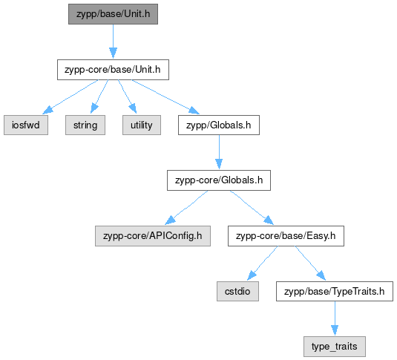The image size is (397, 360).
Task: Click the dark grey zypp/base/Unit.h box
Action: pyautogui.click(x=113, y=14)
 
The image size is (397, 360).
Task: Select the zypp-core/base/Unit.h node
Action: pyautogui.click(x=113, y=70)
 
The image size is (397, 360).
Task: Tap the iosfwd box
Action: pyautogui.click(x=26, y=125)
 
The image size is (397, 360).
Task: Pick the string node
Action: pyautogui.click(x=85, y=125)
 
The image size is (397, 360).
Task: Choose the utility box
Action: pyautogui.click(x=142, y=125)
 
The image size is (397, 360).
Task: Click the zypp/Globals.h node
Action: pyautogui.click(x=219, y=125)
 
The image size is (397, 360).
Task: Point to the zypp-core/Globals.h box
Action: pyautogui.click(x=219, y=180)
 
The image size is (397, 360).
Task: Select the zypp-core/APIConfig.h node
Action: pyautogui.click(x=153, y=236)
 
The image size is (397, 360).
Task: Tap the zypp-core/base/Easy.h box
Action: pyautogui.click(x=286, y=236)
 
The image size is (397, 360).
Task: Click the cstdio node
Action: pyautogui.click(x=237, y=292)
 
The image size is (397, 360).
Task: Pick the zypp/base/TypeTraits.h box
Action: pyautogui.click(x=335, y=292)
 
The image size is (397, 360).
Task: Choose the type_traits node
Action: pyautogui.click(x=335, y=347)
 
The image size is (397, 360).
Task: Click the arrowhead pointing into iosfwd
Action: pyautogui.click(x=47, y=111)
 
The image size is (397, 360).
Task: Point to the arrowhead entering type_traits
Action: pyautogui.click(x=335, y=330)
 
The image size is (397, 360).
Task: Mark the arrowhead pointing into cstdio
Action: pyautogui.click(x=252, y=275)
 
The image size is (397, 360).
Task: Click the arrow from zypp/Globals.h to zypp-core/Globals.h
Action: pyautogui.click(x=219, y=151)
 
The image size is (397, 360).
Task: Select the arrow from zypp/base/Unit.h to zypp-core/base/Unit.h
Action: pyautogui.click(x=114, y=42)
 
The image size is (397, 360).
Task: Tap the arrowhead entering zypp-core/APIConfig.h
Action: pyautogui.click(x=170, y=220)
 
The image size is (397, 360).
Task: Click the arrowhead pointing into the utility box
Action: pyautogui.click(x=133, y=108)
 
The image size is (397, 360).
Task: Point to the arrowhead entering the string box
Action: pyautogui.click(x=94, y=108)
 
